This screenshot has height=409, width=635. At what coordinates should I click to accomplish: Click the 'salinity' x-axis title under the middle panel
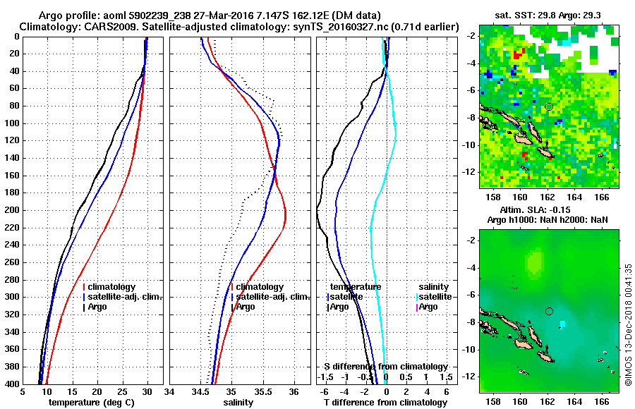[240, 403]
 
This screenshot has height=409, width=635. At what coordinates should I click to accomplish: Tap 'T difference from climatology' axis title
[387, 403]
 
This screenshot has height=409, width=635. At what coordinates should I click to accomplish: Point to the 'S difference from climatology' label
[386, 367]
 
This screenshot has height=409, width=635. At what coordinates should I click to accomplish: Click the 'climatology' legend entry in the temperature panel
[111, 287]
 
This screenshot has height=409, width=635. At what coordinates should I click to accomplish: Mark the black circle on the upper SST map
[549, 106]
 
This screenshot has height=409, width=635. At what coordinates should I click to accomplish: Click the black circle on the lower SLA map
[549, 311]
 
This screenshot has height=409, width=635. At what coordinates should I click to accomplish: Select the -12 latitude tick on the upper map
[471, 172]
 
